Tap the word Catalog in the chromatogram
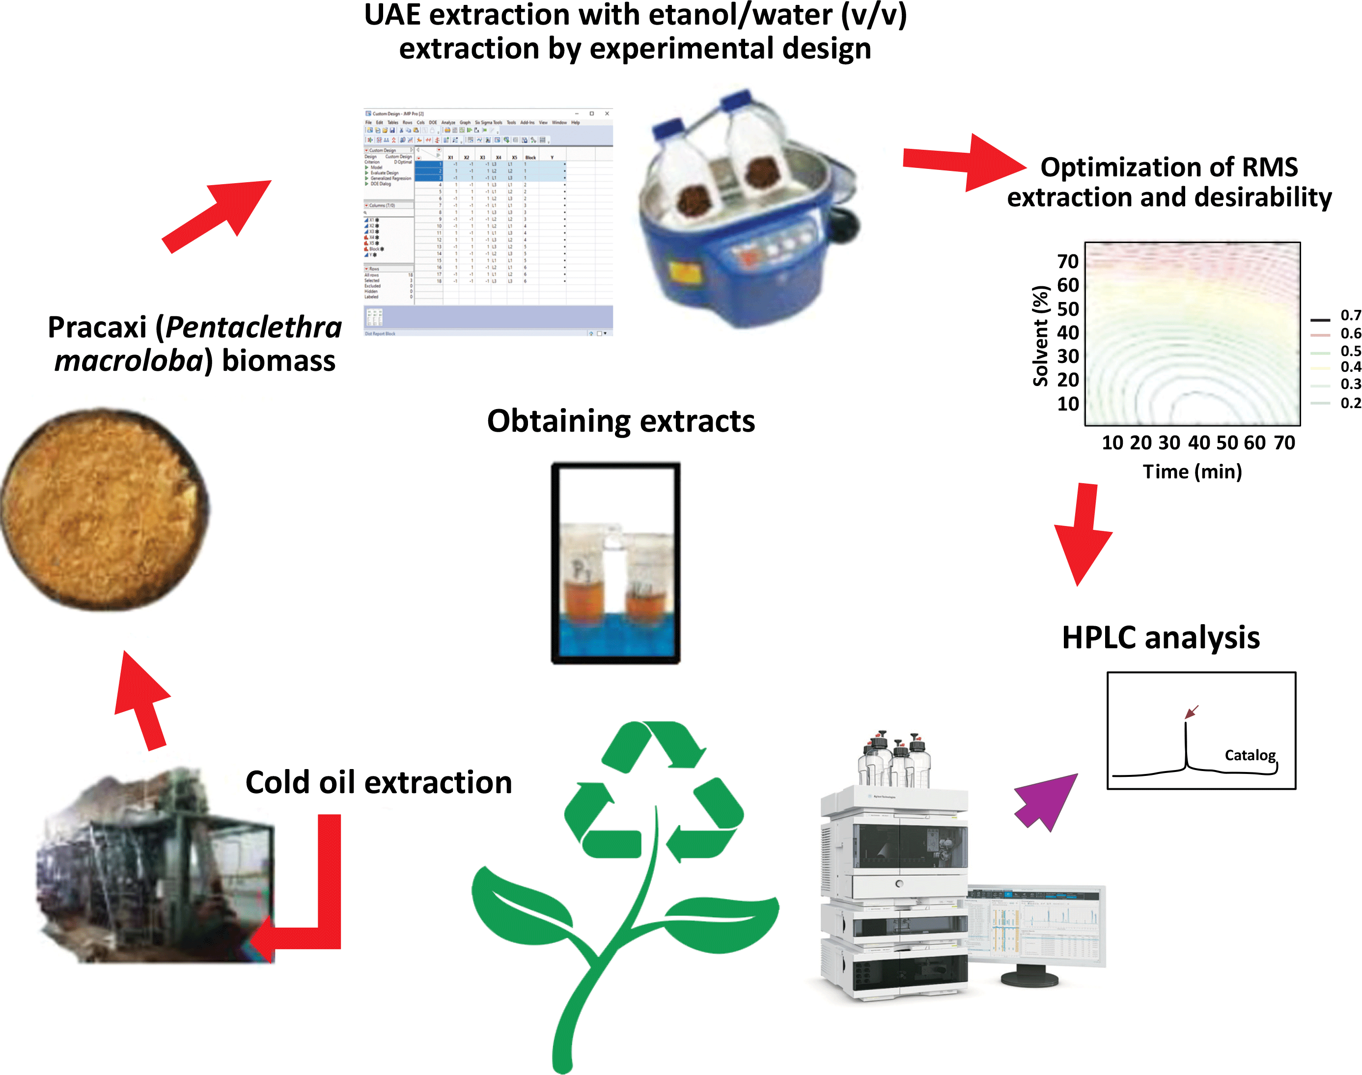pyautogui.click(x=1250, y=755)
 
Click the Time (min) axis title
pyautogui.click(x=1192, y=471)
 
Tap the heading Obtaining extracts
pyautogui.click(x=620, y=420)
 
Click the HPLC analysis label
pyautogui.click(x=1161, y=637)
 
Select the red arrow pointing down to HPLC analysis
pyautogui.click(x=1081, y=535)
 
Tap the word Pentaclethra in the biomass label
pyautogui.click(x=253, y=327)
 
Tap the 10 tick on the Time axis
pyautogui.click(x=1112, y=442)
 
